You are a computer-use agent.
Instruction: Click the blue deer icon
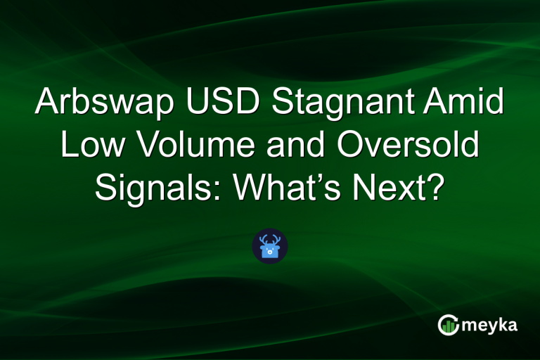tap(270, 246)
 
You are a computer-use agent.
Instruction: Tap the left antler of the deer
tap(262, 239)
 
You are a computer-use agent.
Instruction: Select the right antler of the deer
tap(278, 239)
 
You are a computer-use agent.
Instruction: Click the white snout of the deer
tap(270, 252)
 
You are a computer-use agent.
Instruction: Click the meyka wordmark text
tap(491, 325)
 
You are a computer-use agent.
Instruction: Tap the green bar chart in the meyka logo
tap(448, 326)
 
